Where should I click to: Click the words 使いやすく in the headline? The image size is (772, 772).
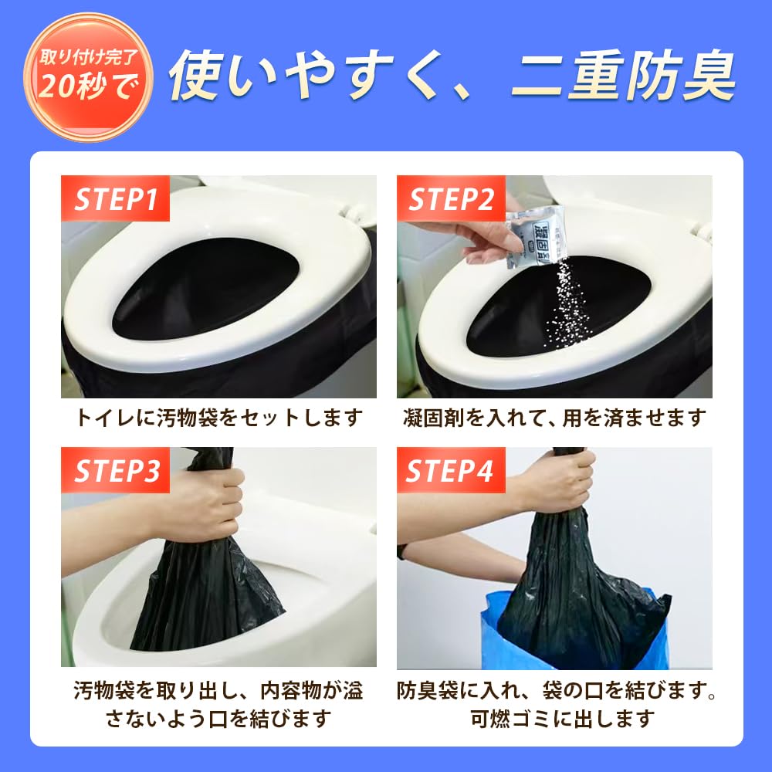point(309,75)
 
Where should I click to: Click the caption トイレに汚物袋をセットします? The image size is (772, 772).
point(218,418)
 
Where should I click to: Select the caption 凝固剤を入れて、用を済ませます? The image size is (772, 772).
point(554,418)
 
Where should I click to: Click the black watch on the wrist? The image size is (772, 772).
point(401,552)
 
